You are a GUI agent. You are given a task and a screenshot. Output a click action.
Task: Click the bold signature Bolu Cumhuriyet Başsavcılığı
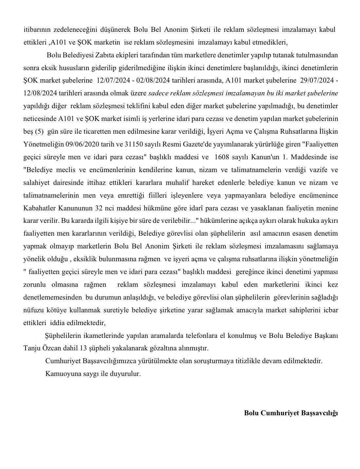click(291, 413)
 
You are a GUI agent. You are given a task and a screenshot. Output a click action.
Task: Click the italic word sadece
click(158, 93)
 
